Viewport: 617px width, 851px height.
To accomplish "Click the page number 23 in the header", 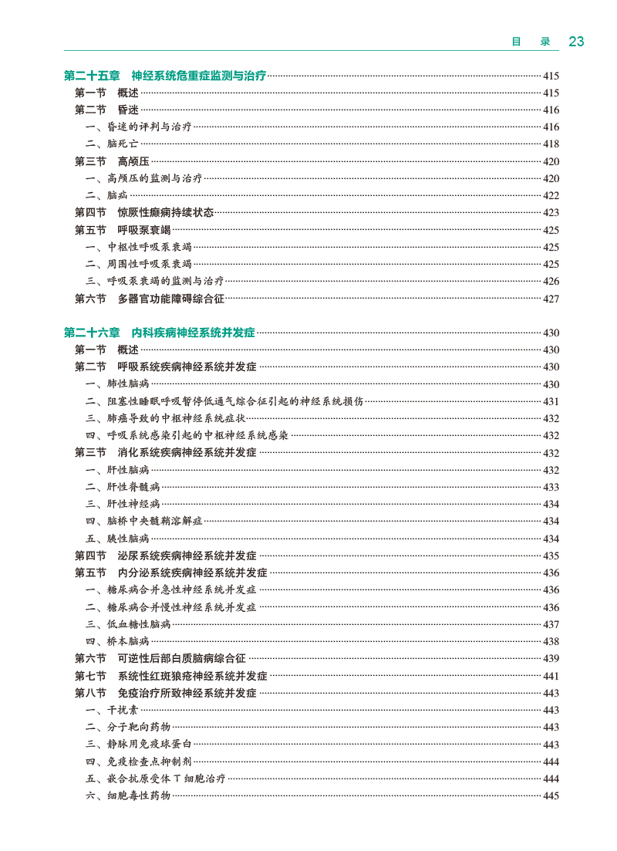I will pyautogui.click(x=576, y=42).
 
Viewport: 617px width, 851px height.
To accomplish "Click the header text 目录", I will pyautogui.click(x=531, y=42).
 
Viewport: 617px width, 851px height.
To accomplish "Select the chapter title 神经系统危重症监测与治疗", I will pyautogui.click(x=199, y=76).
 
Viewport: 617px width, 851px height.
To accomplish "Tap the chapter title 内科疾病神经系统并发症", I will pyautogui.click(x=193, y=333).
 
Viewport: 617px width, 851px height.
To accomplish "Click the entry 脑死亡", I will pyautogui.click(x=123, y=144).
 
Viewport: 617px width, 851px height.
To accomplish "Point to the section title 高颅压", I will pyautogui.click(x=133, y=161).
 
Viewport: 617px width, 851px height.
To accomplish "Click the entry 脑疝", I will pyautogui.click(x=118, y=196).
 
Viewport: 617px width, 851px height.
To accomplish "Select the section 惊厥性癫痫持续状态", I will pyautogui.click(x=165, y=212).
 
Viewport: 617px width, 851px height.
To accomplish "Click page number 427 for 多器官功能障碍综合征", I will pyautogui.click(x=551, y=299).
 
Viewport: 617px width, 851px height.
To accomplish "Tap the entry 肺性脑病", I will pyautogui.click(x=128, y=384).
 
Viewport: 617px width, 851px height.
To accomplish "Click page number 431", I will pyautogui.click(x=551, y=401).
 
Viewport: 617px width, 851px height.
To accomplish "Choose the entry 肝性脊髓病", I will pyautogui.click(x=133, y=487).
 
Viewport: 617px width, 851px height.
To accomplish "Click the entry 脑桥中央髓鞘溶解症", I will pyautogui.click(x=154, y=522).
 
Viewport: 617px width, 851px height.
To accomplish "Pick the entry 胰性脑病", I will pyautogui.click(x=128, y=539).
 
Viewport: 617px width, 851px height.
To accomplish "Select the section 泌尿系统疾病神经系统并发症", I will pyautogui.click(x=187, y=556).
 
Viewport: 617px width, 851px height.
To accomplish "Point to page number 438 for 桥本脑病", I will pyautogui.click(x=551, y=641).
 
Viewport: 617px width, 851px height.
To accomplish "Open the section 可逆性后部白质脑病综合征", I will pyautogui.click(x=181, y=658).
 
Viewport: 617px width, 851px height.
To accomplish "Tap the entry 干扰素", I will pyautogui.click(x=123, y=710).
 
